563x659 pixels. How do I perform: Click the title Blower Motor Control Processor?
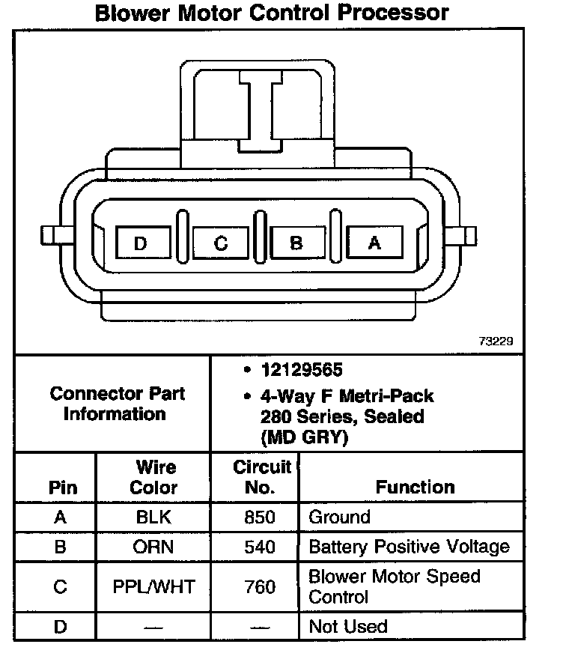tap(272, 13)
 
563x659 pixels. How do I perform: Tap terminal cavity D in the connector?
tap(141, 243)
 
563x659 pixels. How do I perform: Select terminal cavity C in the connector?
tap(220, 243)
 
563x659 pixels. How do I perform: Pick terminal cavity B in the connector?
tap(296, 243)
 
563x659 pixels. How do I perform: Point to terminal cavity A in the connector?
tap(374, 243)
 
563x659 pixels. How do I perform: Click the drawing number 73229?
tap(496, 341)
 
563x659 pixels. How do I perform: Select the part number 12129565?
tap(302, 370)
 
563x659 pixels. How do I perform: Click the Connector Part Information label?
tap(116, 404)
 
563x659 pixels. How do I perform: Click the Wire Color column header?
tap(153, 477)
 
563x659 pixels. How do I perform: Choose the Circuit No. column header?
tap(261, 477)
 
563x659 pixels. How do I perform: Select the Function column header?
tap(415, 487)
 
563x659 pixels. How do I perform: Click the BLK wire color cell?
tap(153, 517)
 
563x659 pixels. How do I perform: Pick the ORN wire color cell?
tap(153, 547)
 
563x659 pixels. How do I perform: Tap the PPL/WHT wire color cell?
tap(153, 587)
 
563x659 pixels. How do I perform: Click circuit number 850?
tap(260, 517)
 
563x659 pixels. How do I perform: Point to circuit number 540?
tap(260, 547)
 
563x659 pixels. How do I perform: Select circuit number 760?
tap(260, 587)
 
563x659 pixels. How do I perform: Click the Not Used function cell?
tap(348, 626)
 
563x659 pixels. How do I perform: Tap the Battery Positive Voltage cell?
tap(409, 547)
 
